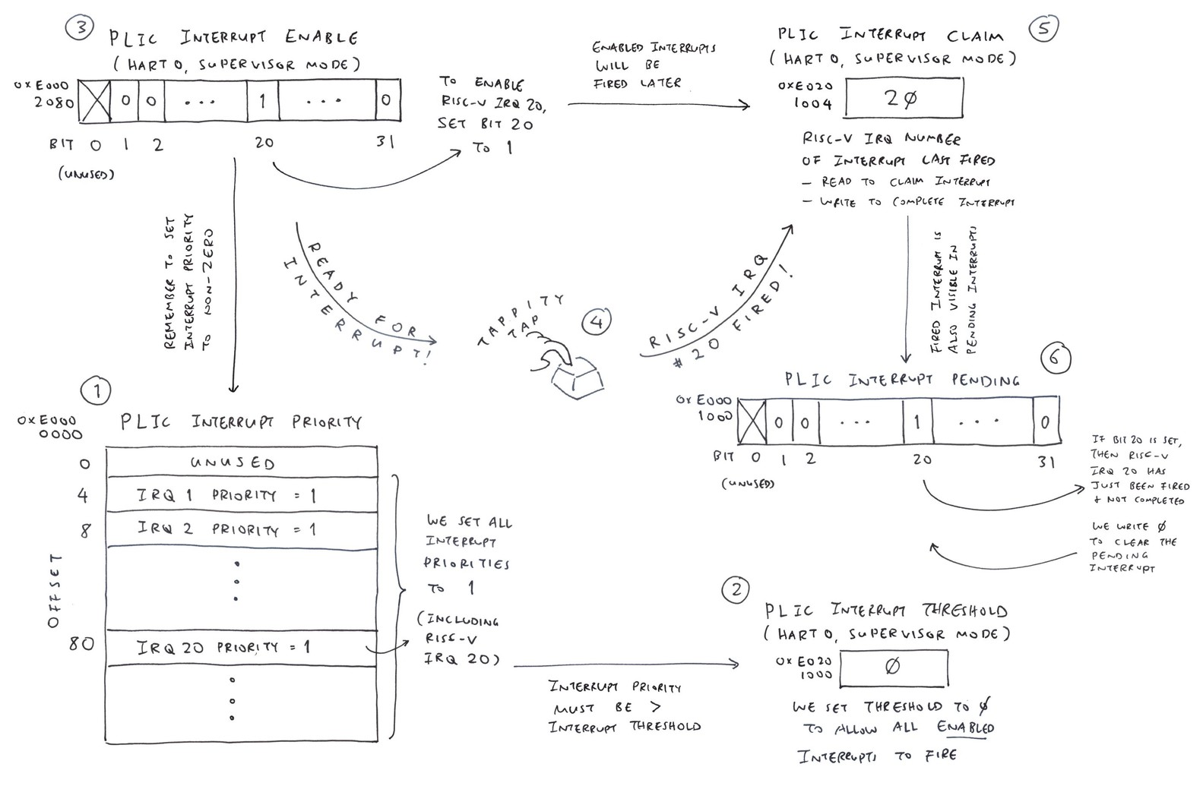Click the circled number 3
point(79,30)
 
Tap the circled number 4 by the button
point(597,322)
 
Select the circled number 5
point(1043,29)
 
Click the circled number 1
point(96,392)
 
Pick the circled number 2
point(735,590)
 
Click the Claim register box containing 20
point(904,97)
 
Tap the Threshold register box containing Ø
point(894,667)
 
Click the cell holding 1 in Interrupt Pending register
point(917,421)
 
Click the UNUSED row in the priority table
point(242,462)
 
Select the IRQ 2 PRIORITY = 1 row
point(242,529)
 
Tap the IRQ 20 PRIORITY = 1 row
point(242,648)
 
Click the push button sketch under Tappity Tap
point(578,377)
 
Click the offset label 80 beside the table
point(81,645)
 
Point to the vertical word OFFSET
point(53,591)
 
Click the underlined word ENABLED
point(965,728)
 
